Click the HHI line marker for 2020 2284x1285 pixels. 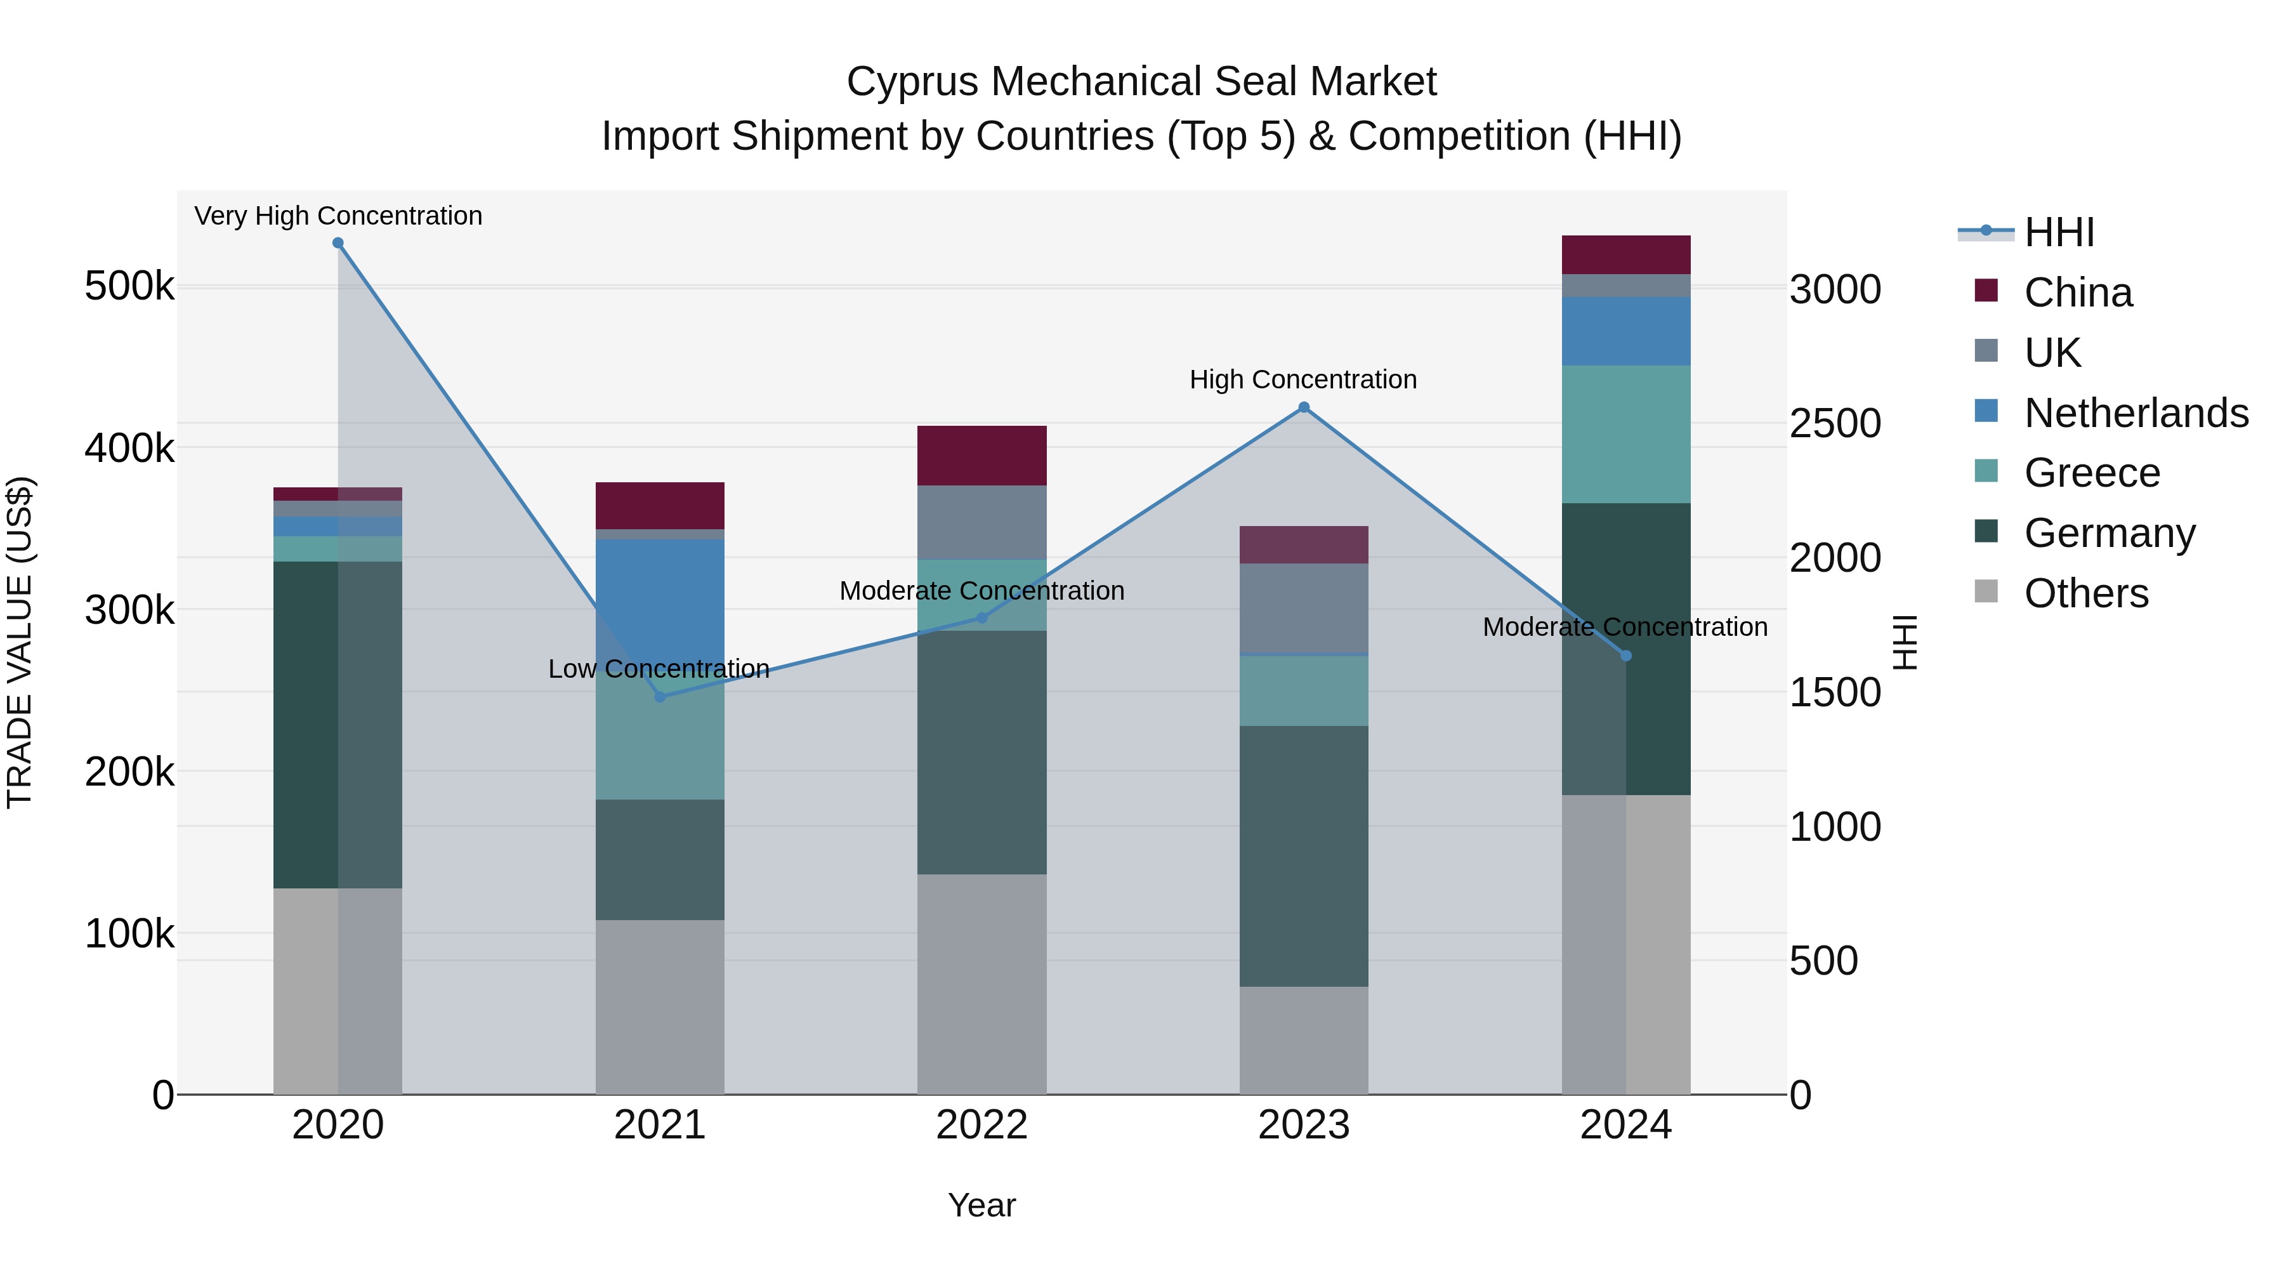338,243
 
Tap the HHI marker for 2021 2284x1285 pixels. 660,697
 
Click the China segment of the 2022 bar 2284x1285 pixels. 981,455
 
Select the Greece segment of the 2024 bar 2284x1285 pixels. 1625,435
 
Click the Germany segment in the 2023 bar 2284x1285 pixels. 1303,856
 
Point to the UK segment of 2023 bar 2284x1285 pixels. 1303,609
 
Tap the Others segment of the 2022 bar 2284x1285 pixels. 981,984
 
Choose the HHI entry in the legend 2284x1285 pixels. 2059,232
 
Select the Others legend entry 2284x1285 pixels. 2085,593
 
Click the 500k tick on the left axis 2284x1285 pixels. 129,286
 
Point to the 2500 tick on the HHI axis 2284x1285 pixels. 1834,424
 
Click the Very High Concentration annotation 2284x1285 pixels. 338,216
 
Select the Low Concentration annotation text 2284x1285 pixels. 659,669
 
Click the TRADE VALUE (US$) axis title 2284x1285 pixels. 20,642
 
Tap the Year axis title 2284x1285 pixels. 981,1205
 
